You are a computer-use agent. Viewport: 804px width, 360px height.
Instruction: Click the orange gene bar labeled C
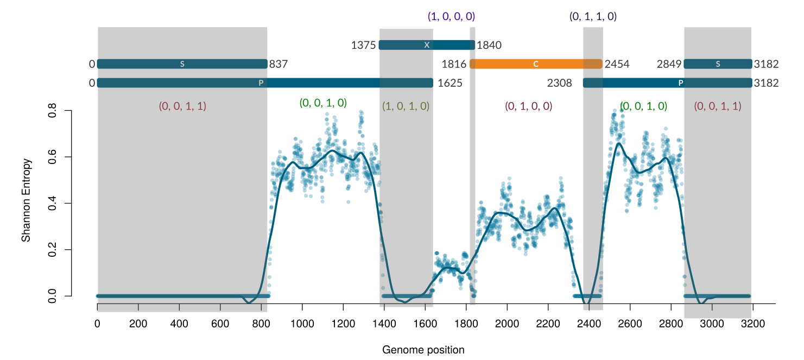coord(535,64)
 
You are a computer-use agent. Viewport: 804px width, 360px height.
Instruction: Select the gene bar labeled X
coord(427,45)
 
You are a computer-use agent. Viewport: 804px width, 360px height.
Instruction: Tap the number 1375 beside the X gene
coord(363,45)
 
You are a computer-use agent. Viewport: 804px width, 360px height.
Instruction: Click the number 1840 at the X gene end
coord(489,45)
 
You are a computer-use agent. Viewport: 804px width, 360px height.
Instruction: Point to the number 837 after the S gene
coord(278,64)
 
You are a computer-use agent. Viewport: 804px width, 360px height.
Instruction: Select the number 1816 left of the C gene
coord(454,64)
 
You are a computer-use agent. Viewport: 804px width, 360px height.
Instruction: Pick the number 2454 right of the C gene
coord(617,64)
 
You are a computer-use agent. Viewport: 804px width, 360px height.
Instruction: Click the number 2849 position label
coord(669,64)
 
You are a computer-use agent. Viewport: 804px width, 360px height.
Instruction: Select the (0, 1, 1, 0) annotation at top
coord(593,17)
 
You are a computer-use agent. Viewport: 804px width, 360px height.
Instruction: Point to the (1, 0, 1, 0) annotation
coord(406,106)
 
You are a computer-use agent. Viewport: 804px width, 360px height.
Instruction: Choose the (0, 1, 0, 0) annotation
coord(528,106)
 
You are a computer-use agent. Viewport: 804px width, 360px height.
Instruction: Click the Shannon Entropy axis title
coord(26,200)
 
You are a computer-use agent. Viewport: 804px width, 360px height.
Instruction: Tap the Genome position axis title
coord(423,350)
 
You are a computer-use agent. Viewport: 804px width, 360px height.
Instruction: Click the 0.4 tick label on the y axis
coord(53,204)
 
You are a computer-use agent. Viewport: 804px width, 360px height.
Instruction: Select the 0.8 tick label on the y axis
coord(53,111)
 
